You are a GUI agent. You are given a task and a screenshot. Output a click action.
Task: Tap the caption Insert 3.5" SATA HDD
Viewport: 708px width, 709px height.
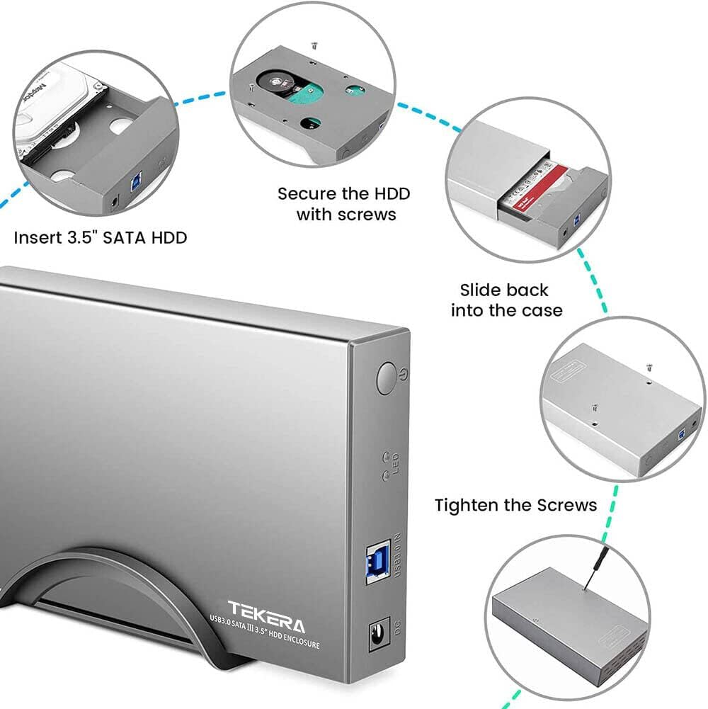pos(100,238)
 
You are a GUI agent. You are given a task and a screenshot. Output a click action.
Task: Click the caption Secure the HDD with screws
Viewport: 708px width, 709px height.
pos(344,204)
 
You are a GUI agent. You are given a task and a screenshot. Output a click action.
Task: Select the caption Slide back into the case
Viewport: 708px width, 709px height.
pos(506,300)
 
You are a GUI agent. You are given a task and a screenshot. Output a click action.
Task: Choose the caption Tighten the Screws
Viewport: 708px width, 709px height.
pos(515,505)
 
